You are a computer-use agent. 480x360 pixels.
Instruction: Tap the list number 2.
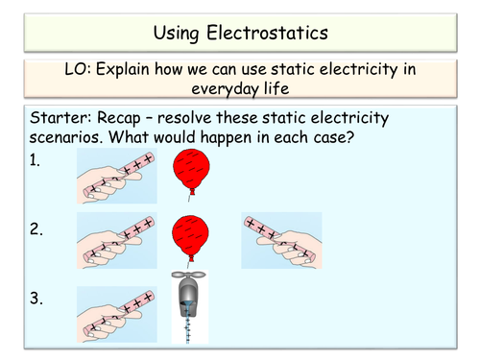36,229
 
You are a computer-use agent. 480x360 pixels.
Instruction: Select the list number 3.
36,300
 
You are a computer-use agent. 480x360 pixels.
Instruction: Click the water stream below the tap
188,326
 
